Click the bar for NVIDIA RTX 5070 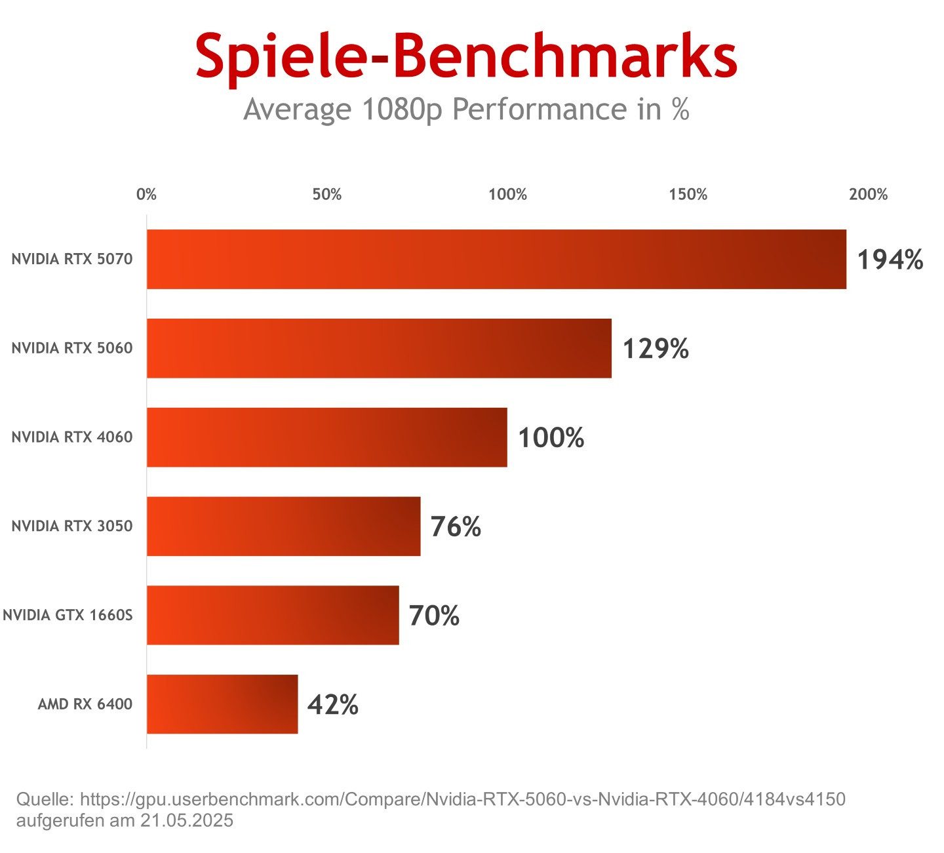click(496, 259)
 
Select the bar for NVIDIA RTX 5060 click(379, 348)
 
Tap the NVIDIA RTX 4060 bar click(326, 437)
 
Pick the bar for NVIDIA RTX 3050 click(283, 526)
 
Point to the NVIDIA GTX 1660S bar click(273, 615)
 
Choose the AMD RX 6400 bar click(222, 704)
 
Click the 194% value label click(890, 260)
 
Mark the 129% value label click(656, 349)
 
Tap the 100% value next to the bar click(551, 438)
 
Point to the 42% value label click(333, 705)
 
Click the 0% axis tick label click(146, 195)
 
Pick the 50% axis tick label click(326, 195)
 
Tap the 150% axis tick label click(688, 195)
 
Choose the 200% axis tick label click(868, 195)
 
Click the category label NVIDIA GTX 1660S click(68, 615)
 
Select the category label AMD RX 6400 click(85, 704)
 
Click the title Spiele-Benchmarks click(466, 57)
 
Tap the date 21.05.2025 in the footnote click(187, 820)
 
